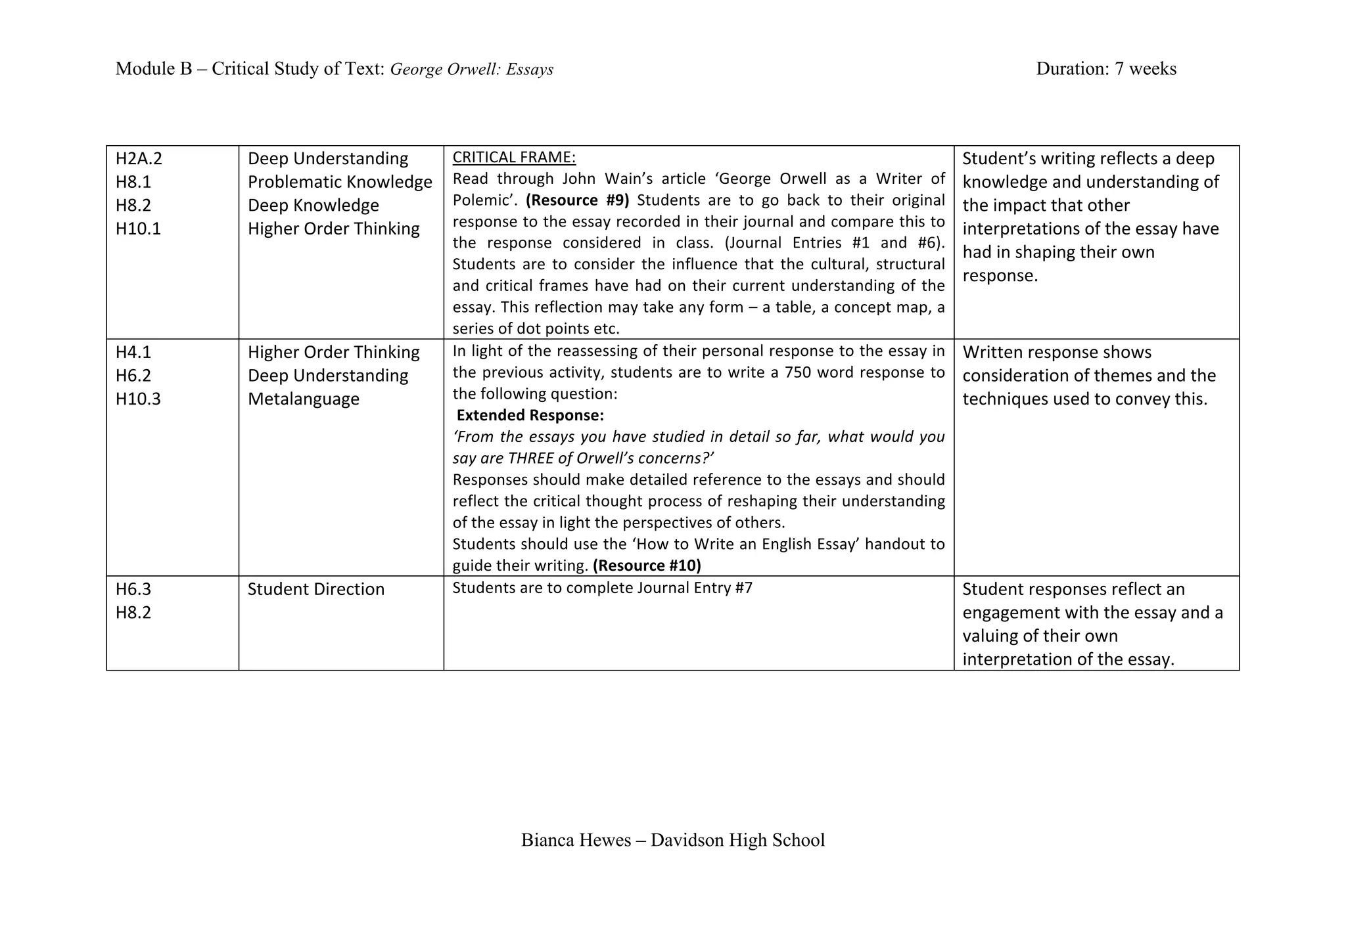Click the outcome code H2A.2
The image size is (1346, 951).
tap(139, 159)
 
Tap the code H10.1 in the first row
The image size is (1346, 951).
tap(138, 229)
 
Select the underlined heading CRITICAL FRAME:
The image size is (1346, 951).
tap(514, 158)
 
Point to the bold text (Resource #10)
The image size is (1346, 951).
tap(647, 565)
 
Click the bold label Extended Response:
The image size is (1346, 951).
tap(530, 416)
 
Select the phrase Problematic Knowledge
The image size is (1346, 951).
tap(340, 183)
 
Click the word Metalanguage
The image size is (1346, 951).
tap(304, 399)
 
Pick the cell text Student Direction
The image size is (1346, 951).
tap(316, 589)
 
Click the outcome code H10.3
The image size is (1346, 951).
tap(138, 399)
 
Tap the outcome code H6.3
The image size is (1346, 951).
tap(133, 589)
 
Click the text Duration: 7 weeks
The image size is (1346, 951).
tap(1106, 69)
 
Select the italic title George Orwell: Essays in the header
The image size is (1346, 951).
tap(472, 70)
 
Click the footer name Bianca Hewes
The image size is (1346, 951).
tap(576, 841)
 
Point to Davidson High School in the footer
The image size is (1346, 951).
tap(737, 841)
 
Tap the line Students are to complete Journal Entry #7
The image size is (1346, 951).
tap(602, 588)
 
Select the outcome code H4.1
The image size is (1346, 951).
tap(133, 353)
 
